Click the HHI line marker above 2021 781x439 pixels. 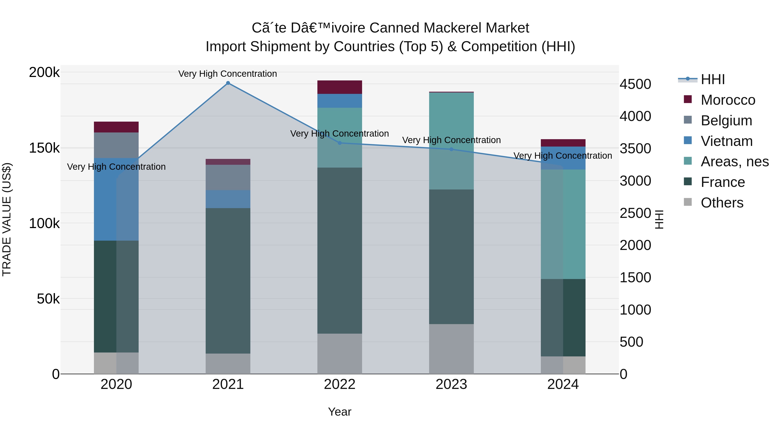pyautogui.click(x=228, y=83)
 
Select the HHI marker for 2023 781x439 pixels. pyautogui.click(x=451, y=149)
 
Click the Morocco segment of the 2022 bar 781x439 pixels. pyautogui.click(x=340, y=87)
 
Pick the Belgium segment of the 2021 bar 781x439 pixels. pyautogui.click(x=228, y=178)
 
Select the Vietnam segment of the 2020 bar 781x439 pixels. pyautogui.click(x=105, y=200)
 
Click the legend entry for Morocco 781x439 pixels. pyautogui.click(x=728, y=100)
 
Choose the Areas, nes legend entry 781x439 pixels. pyautogui.click(x=734, y=162)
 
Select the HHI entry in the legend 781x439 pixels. pyautogui.click(x=712, y=79)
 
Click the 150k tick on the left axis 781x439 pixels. pyautogui.click(x=44, y=148)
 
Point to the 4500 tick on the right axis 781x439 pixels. pyautogui.click(x=635, y=84)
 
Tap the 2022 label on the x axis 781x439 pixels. pyautogui.click(x=340, y=384)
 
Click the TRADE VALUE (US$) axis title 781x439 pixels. pyautogui.click(x=7, y=219)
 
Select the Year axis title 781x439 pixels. pyautogui.click(x=340, y=412)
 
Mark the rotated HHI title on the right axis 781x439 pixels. pyautogui.click(x=660, y=219)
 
